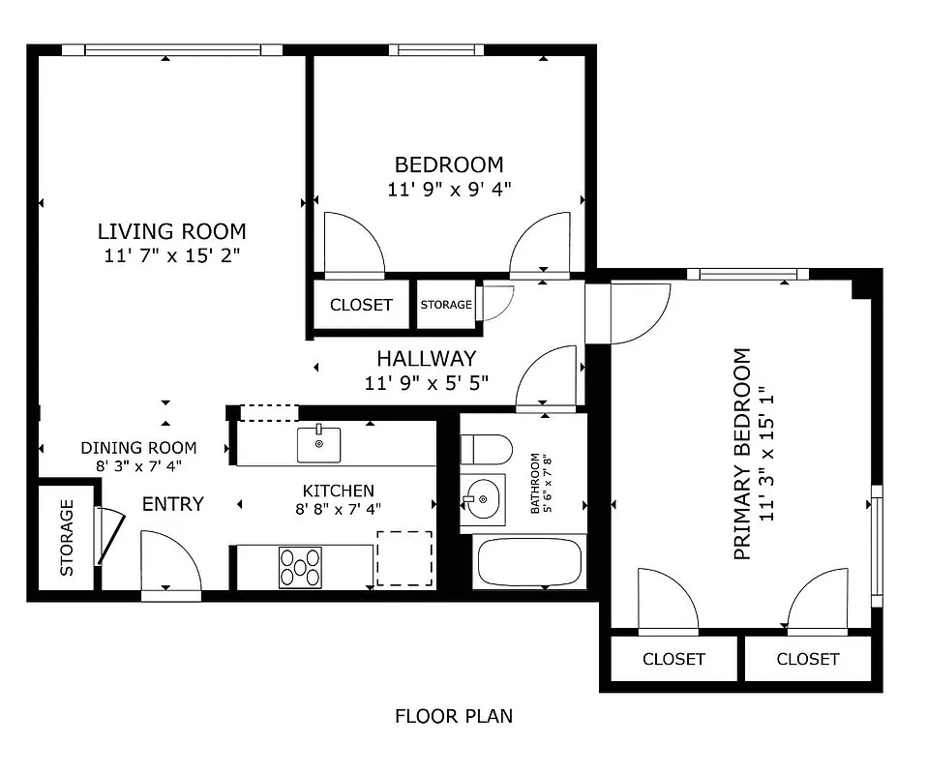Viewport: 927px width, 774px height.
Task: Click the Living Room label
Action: [x=171, y=232]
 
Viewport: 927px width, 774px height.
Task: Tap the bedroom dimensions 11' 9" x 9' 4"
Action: [x=449, y=190]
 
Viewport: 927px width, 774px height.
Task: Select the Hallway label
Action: [x=426, y=359]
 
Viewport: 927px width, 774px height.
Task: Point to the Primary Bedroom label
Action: [x=743, y=455]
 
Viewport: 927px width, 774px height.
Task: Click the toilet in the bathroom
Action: [x=486, y=449]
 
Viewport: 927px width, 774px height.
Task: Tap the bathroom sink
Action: [x=481, y=498]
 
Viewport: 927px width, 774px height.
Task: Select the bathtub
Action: [x=527, y=562]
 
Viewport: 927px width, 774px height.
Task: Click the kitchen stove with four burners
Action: [x=300, y=567]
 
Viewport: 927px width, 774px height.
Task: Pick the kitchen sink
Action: [x=318, y=444]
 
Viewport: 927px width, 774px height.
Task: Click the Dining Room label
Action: [x=138, y=448]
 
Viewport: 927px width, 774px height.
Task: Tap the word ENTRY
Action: [x=173, y=504]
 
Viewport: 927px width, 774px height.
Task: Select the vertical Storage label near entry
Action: [x=67, y=537]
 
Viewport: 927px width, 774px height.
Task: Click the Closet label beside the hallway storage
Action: [x=361, y=305]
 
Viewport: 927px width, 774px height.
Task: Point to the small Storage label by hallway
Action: [x=446, y=305]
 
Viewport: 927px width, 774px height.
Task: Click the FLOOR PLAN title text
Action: [x=454, y=717]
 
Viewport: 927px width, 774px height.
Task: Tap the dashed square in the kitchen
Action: [x=404, y=558]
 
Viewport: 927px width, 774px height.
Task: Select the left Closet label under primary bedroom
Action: [x=673, y=660]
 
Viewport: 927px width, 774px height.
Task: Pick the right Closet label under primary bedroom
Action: [x=808, y=660]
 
